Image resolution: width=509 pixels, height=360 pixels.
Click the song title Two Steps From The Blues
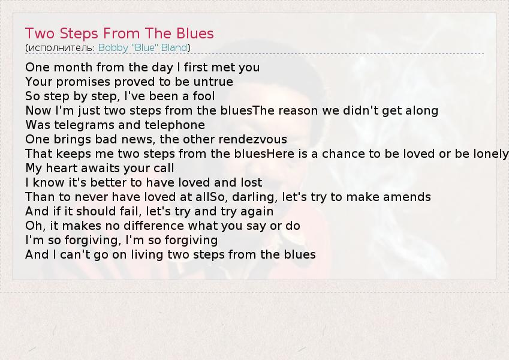pos(119,34)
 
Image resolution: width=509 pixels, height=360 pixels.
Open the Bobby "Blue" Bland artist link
pos(143,48)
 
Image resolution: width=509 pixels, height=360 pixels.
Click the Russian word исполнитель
pos(60,48)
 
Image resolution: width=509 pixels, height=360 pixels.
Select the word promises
pos(83,82)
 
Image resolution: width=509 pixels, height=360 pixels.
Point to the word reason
pos(299,111)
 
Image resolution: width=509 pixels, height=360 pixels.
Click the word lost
pos(251,182)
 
